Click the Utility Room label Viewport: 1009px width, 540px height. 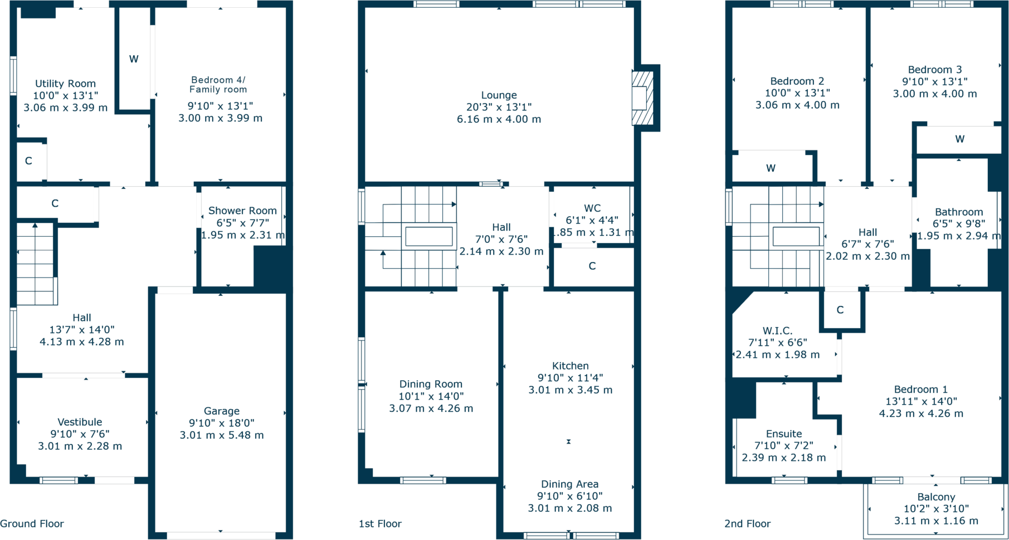(65, 84)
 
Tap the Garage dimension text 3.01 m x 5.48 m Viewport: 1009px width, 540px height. (221, 435)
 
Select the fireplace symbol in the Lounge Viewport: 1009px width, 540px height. (642, 98)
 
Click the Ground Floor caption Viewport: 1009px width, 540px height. (32, 524)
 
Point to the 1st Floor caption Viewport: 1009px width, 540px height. (380, 524)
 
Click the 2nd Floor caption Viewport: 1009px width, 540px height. (747, 524)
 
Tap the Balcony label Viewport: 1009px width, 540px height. (936, 497)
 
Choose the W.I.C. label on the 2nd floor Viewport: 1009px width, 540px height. (777, 330)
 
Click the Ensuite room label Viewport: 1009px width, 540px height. (783, 434)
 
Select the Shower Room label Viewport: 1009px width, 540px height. (242, 211)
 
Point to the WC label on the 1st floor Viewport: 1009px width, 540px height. (592, 208)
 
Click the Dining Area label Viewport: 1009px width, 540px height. (569, 484)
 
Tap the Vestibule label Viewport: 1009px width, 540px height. (80, 422)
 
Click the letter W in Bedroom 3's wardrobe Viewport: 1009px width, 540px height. (959, 139)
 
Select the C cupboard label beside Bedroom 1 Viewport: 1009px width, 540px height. (840, 310)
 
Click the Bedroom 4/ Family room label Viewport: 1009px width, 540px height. (218, 85)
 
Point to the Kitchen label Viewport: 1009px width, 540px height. (570, 366)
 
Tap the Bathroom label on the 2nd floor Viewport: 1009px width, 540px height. (958, 212)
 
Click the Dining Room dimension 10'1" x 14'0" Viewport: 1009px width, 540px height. (431, 396)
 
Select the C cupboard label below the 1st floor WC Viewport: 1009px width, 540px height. (592, 266)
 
